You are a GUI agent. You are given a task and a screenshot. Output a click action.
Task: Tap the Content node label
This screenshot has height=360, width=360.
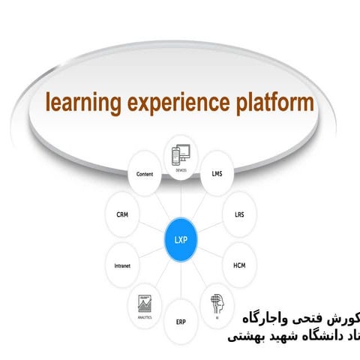[145, 174]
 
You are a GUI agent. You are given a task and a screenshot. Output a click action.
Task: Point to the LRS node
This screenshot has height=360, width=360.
[238, 214]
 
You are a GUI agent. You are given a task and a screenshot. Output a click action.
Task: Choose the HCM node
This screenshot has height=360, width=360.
[238, 265]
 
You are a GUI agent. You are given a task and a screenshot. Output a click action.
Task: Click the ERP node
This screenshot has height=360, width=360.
[181, 321]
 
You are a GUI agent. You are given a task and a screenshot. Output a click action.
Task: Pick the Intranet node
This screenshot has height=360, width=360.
[121, 265]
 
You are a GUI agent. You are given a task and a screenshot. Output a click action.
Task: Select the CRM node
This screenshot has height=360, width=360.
[122, 214]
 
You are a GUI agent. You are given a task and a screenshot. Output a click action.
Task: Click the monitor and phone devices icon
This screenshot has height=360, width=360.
[181, 154]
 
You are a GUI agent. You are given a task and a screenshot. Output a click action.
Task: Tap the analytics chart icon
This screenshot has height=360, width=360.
[144, 303]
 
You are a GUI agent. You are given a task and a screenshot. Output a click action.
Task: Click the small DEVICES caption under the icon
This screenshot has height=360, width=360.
[181, 170]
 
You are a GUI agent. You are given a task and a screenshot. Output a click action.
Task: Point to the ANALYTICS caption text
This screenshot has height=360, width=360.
[144, 317]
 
